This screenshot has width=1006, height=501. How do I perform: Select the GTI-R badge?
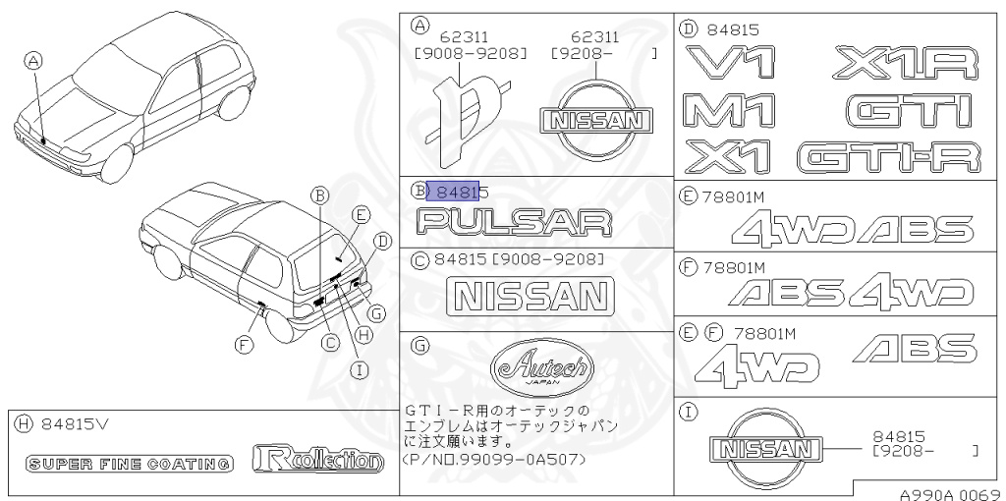889,157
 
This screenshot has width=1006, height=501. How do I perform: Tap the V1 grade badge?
730,62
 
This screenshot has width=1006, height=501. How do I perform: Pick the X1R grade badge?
906,63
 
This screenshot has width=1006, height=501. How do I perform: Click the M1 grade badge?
730,110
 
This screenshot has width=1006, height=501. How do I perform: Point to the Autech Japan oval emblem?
542,368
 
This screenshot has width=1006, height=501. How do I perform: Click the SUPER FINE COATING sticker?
129,463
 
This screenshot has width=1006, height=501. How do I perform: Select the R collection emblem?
317,458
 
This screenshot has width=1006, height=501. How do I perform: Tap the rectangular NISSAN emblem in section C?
530,297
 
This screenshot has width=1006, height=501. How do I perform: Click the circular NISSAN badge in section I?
764,448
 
